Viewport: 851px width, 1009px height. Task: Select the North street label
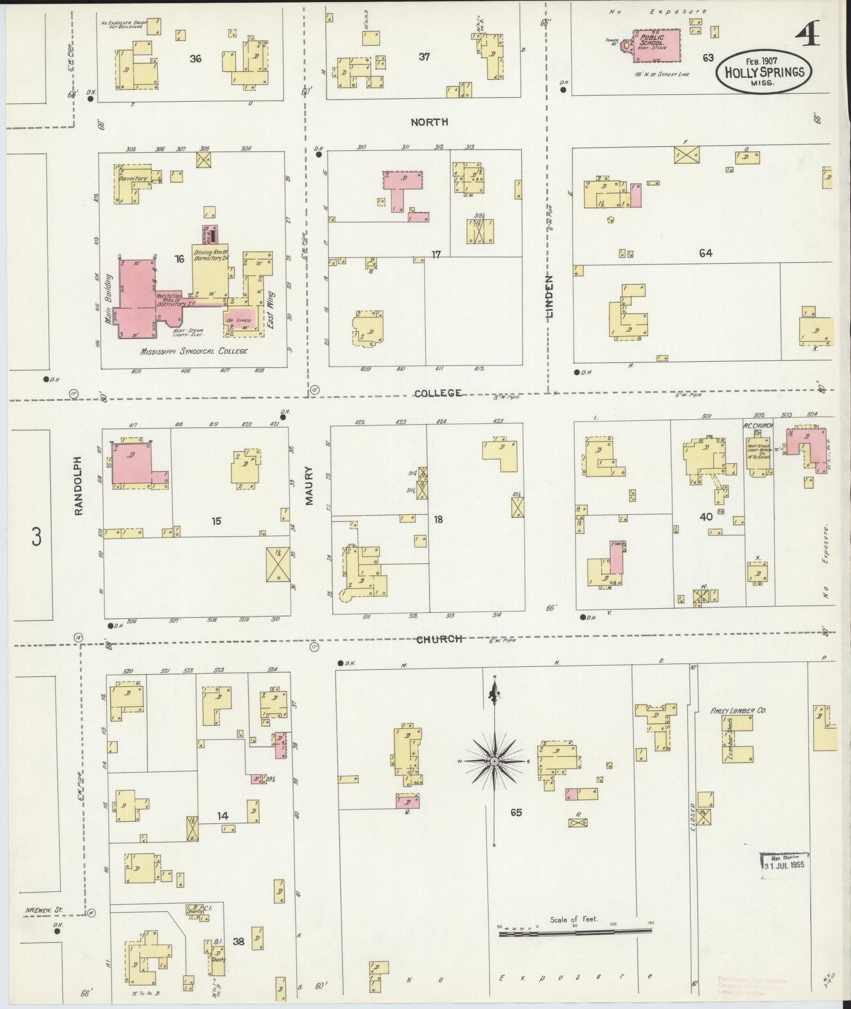(429, 122)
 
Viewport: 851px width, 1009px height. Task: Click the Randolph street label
(80, 486)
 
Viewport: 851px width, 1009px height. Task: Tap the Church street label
(439, 639)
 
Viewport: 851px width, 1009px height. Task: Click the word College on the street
(437, 393)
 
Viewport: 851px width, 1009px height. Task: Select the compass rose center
(495, 762)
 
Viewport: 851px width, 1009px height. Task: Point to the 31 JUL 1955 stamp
(783, 864)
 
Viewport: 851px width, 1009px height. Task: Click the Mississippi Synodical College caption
(193, 351)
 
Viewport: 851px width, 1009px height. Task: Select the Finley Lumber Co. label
(739, 711)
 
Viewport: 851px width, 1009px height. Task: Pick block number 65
(516, 813)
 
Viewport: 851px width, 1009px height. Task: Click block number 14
(223, 816)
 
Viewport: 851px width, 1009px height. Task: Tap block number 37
(424, 57)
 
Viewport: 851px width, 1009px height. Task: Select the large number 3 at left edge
(37, 537)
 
